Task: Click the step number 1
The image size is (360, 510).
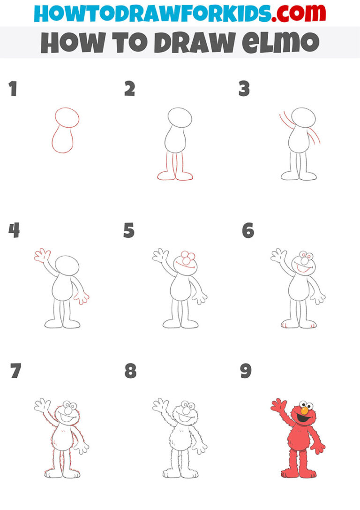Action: (13, 89)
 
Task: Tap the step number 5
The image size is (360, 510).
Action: (129, 231)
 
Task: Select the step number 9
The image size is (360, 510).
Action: (246, 371)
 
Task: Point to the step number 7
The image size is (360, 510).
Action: (15, 371)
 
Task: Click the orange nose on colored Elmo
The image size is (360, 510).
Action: (304, 411)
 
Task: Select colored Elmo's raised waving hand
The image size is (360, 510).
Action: (278, 405)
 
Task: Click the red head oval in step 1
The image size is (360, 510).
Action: (67, 117)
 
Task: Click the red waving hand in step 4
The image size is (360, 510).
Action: (42, 256)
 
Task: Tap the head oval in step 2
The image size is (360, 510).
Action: (180, 117)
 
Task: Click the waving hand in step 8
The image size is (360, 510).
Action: (160, 404)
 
